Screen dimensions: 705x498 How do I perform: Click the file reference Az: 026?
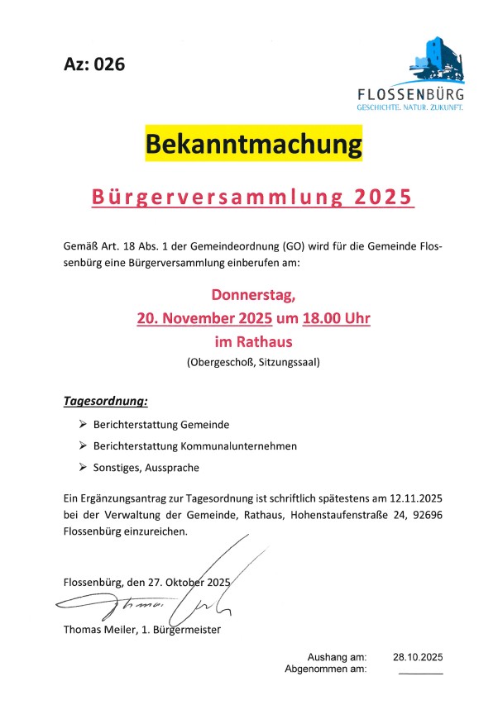click(x=93, y=64)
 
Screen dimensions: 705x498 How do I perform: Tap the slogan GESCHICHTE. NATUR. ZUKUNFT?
click(x=409, y=108)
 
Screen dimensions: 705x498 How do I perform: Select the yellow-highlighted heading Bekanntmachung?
click(x=254, y=143)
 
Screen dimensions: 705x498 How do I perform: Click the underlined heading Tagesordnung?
click(x=105, y=402)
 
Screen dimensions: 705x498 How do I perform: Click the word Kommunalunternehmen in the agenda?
click(x=237, y=445)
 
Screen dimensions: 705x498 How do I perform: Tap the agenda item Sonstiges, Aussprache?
click(x=146, y=467)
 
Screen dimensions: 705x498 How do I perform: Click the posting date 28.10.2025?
click(x=419, y=657)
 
